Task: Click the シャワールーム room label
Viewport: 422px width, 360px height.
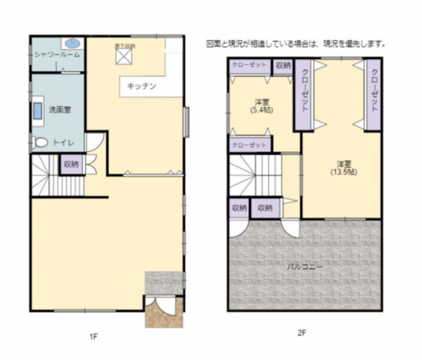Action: pos(56,54)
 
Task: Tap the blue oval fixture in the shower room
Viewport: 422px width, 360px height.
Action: pos(72,42)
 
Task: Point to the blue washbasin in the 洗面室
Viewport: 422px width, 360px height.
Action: pos(38,110)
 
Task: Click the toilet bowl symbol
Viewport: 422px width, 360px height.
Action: pos(40,142)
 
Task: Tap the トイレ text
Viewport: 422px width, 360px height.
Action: pos(64,142)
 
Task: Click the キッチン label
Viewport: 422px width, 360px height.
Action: pos(140,84)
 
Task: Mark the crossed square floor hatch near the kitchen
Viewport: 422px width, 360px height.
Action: pos(126,55)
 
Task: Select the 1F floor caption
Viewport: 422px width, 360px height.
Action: pos(94,338)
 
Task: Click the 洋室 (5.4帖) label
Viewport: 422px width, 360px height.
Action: pos(260,106)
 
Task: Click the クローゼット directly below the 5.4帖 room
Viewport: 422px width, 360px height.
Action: pos(249,145)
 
